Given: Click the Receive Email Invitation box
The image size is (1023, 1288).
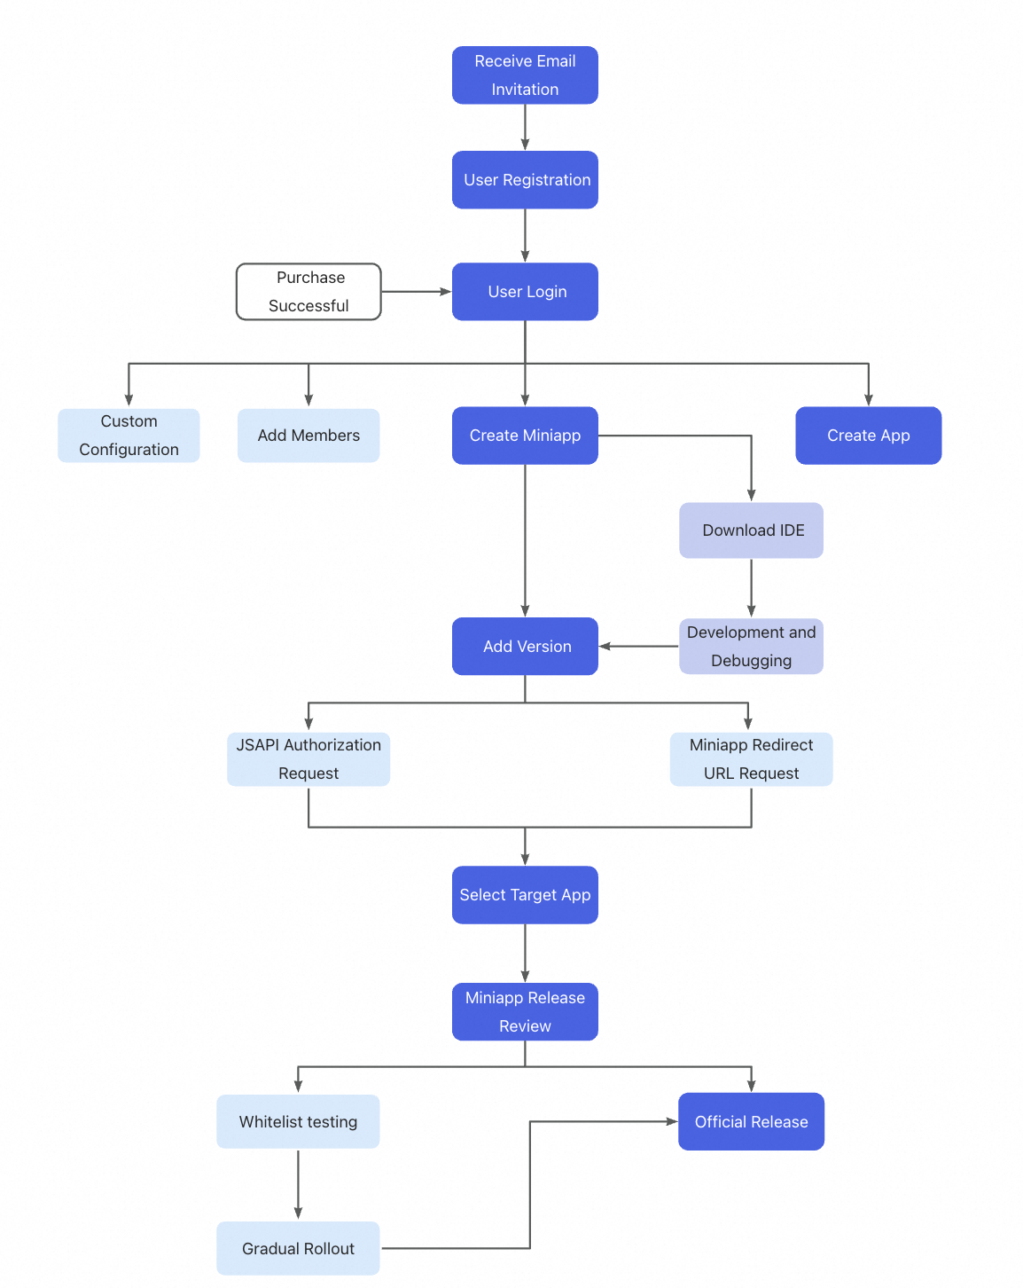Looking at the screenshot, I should click(525, 75).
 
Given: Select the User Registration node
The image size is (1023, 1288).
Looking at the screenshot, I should click(525, 180).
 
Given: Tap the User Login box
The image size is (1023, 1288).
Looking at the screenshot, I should click(525, 292).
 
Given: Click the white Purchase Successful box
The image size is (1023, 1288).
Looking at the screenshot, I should click(308, 292).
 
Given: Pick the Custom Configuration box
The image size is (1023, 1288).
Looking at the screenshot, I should click(129, 436).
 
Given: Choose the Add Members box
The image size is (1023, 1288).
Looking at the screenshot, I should click(308, 436).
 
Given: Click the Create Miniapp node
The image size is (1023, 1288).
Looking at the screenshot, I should click(525, 436).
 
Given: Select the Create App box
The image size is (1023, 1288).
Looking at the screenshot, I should click(868, 436).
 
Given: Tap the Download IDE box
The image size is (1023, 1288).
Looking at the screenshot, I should click(751, 530).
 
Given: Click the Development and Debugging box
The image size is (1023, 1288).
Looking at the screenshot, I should click(751, 647).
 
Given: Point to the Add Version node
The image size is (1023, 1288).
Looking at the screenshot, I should click(525, 647).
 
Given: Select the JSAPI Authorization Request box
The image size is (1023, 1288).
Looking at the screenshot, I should click(308, 759).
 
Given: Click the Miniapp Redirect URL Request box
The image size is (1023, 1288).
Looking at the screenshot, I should click(751, 759).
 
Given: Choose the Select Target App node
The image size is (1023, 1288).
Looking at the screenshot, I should click(525, 895).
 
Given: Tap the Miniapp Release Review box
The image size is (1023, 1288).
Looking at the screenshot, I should click(525, 1012).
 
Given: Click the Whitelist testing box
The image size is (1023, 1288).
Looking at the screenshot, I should click(298, 1122).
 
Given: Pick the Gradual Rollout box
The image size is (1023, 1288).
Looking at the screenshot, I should click(298, 1249).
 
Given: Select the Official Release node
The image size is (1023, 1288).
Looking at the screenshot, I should click(751, 1122).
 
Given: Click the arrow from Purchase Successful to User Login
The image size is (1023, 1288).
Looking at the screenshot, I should click(416, 292).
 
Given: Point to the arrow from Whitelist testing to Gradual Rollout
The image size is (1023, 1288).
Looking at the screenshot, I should click(298, 1184).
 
